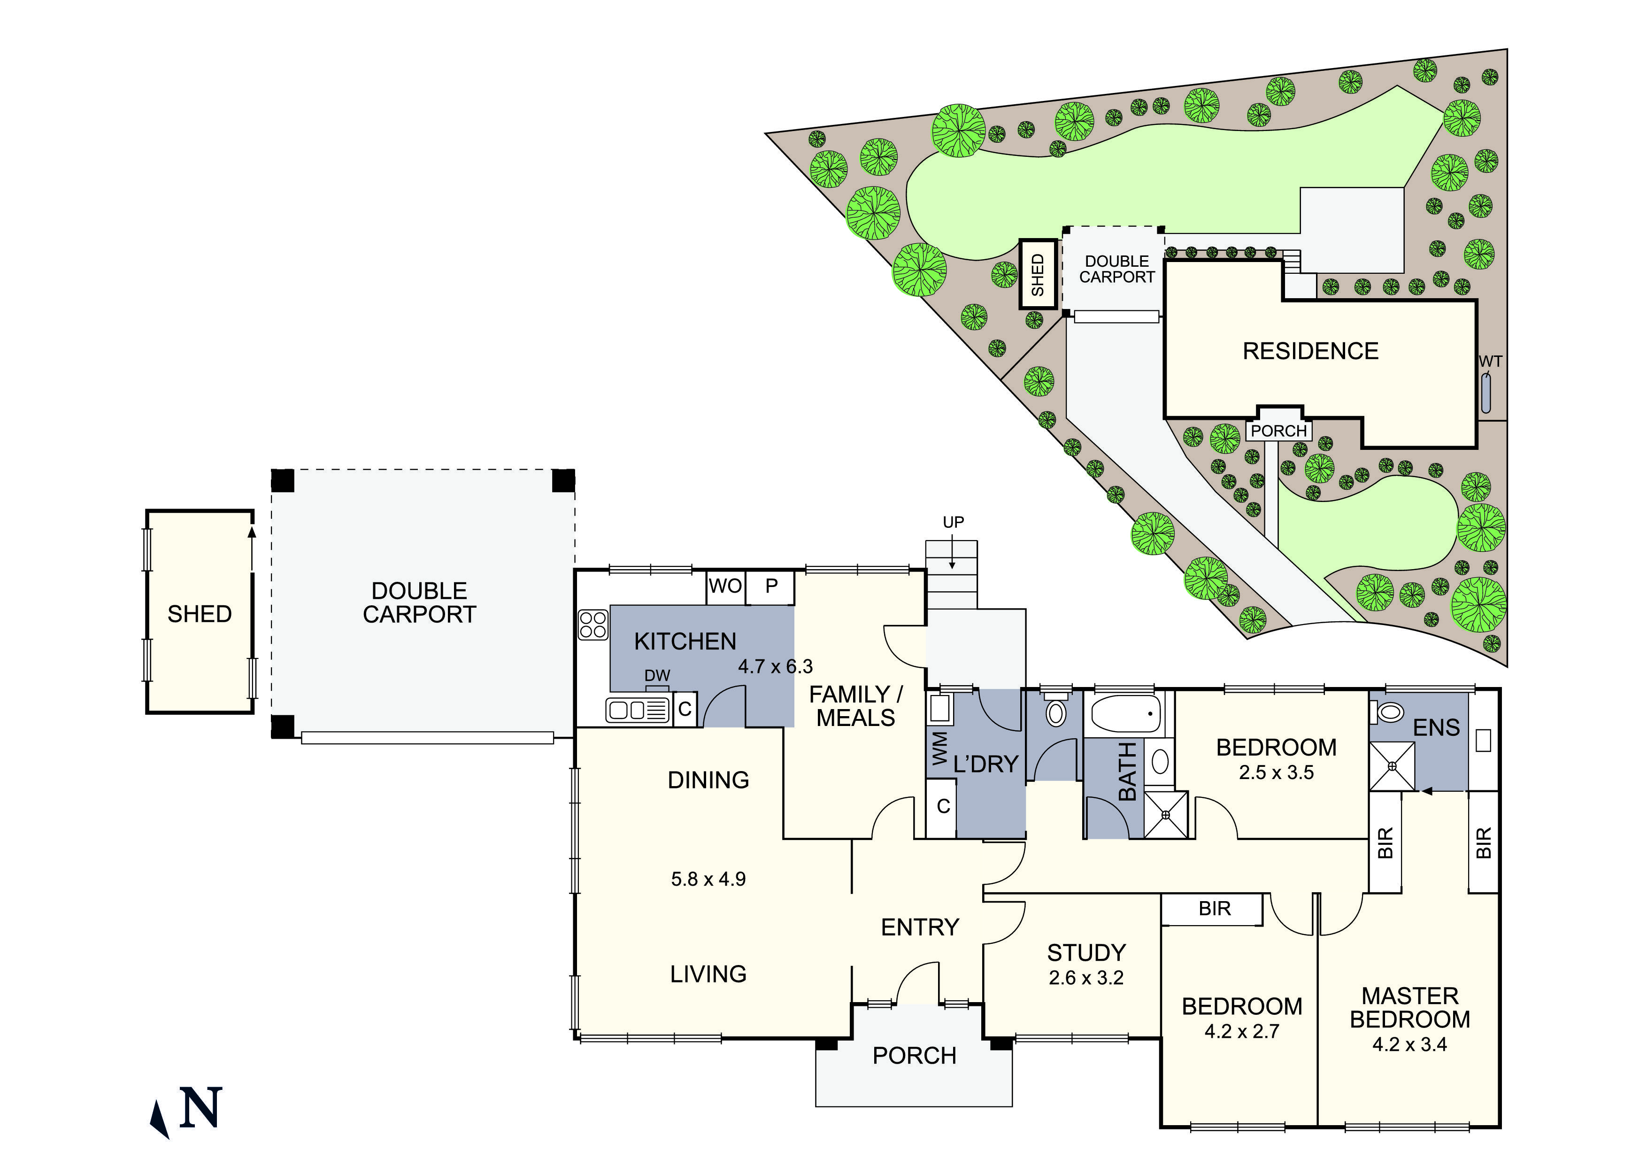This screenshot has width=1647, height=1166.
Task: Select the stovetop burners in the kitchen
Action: coord(593,624)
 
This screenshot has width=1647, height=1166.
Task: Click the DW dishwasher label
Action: coord(657,676)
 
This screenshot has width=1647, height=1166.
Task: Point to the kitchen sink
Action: coord(637,710)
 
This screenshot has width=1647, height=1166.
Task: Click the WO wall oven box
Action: coord(725,587)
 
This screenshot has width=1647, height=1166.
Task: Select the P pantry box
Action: coord(771,587)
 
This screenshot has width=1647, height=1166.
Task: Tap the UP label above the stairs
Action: coord(953,522)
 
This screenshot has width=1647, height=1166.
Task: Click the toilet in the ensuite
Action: coord(1390,712)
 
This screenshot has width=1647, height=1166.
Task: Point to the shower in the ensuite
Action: coord(1392,766)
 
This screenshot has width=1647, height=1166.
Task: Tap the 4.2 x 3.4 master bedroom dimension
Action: coord(1409,1045)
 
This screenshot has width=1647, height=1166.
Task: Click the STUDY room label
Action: coord(1086,953)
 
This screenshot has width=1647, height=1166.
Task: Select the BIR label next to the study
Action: coord(1214,909)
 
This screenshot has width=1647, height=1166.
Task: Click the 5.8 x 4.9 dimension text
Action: coord(708,879)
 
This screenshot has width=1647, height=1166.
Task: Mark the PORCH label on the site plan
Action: coord(1279,431)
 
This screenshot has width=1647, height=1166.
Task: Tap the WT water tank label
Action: coord(1490,361)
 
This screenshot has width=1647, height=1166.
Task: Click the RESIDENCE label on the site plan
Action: coord(1310,351)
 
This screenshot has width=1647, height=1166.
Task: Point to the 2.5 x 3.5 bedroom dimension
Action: coord(1276,772)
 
